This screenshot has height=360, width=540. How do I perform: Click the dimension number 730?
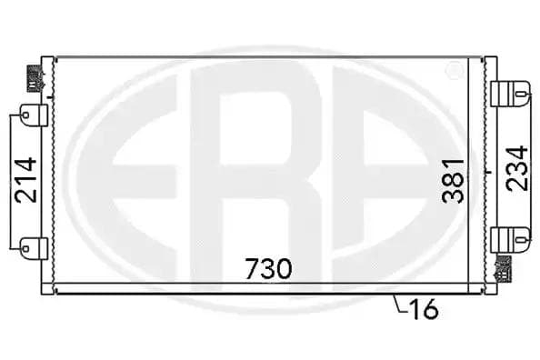268,268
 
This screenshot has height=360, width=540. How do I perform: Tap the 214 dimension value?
26,180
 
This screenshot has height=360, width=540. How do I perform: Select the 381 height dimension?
455,179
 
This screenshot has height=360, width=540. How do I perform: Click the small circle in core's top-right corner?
452,69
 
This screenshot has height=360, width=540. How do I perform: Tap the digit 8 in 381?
455,179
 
